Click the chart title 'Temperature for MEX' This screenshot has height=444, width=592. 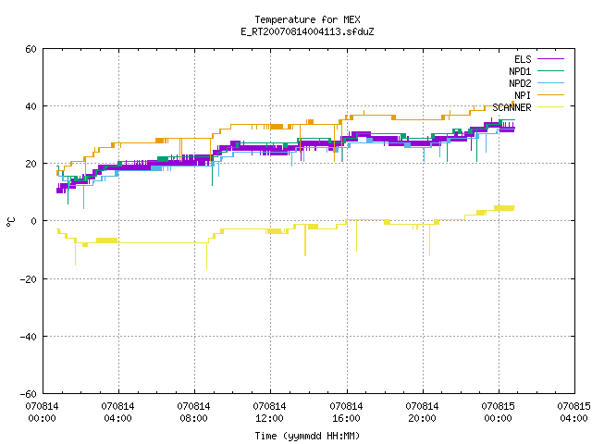coord(307,19)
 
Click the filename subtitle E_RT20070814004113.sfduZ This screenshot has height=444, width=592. coord(307,31)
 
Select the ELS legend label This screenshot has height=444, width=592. coord(523,59)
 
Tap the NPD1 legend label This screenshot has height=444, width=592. coord(520,71)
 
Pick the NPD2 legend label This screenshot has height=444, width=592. coord(520,83)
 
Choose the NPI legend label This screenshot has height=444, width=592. coord(523,95)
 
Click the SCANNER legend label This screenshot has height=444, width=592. coord(512,107)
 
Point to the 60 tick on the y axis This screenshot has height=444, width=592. coord(31,49)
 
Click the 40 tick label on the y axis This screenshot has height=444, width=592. coord(31,106)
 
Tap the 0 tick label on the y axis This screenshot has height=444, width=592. coord(34,221)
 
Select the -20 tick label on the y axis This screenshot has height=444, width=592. coord(29,279)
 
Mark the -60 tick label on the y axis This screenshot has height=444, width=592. coord(29,394)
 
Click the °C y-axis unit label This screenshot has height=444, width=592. coord(10,222)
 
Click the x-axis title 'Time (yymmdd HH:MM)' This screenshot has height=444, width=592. coord(307,436)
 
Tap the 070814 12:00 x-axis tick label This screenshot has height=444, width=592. coord(269,413)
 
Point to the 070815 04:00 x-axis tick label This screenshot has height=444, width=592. coord(573,413)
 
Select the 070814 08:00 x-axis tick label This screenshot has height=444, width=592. coord(193,413)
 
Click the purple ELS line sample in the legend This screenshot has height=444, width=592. coord(550,59)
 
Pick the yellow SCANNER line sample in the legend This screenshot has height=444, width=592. coord(550,107)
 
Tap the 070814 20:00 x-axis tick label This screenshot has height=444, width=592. coord(422,413)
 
